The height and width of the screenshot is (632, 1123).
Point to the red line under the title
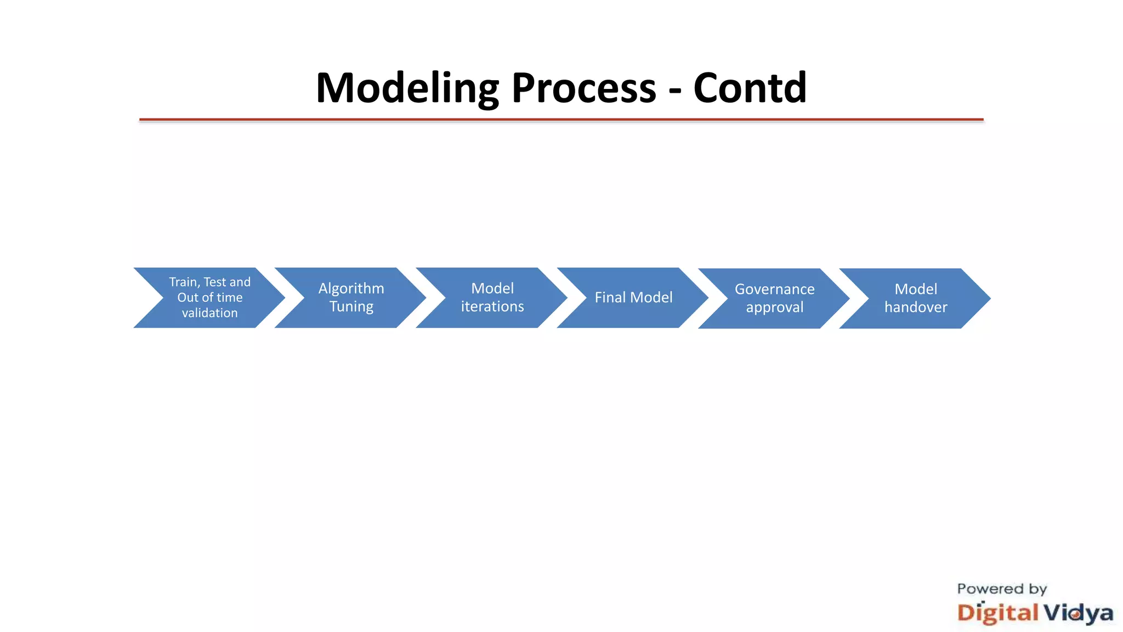pos(561,119)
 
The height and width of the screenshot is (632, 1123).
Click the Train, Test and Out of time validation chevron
pos(209,297)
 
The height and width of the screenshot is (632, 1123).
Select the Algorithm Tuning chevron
pos(351,297)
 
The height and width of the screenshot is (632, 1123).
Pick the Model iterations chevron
pos(492,297)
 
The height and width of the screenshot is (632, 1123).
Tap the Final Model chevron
pos(633,297)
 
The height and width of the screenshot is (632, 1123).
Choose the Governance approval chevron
pos(774,298)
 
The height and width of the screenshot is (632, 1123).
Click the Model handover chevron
pos(916,298)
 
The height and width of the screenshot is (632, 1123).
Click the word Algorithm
pos(351,289)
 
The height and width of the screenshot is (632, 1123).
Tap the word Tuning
pos(351,307)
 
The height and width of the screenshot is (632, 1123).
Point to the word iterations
pos(492,307)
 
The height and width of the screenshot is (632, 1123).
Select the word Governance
pos(774,289)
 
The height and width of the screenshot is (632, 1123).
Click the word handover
pos(916,307)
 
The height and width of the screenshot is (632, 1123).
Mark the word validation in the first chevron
pos(209,313)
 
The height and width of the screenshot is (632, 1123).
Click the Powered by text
pos(1002,589)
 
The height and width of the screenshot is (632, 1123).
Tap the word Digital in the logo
pos(997,613)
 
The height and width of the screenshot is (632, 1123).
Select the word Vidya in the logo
pos(1077,613)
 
